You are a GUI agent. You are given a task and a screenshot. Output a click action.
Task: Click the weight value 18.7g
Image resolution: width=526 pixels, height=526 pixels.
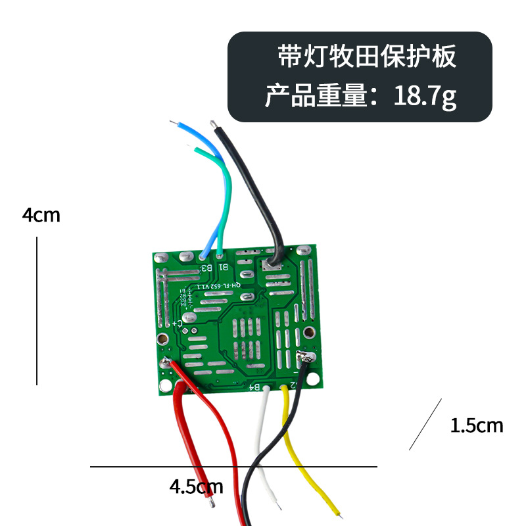[x=425, y=97]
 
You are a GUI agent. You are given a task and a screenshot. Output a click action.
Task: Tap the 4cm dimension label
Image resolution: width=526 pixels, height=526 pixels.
[x=41, y=215]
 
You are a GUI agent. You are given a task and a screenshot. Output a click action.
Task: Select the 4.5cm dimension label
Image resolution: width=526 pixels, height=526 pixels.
[x=196, y=487]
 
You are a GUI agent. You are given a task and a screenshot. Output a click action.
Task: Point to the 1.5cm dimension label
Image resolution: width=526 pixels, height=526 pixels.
[x=476, y=426]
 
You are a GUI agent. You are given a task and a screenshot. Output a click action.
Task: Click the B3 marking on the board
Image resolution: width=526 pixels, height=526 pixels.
[x=206, y=267]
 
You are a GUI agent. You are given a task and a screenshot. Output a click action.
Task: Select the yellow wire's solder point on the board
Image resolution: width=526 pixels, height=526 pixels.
[x=284, y=388]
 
